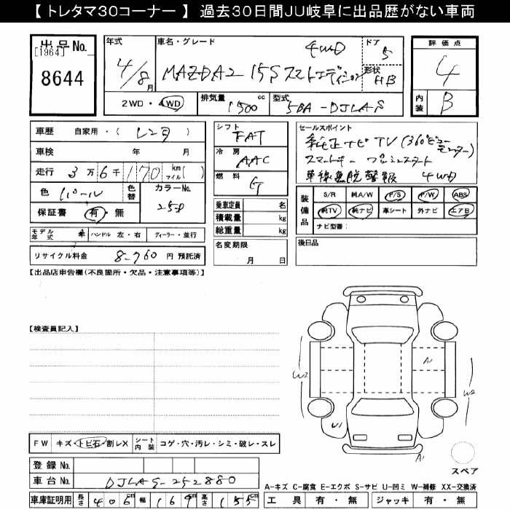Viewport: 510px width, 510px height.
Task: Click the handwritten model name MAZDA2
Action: click(197, 74)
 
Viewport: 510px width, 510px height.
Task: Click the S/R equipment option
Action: click(329, 195)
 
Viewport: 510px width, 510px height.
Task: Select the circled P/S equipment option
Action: click(396, 195)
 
